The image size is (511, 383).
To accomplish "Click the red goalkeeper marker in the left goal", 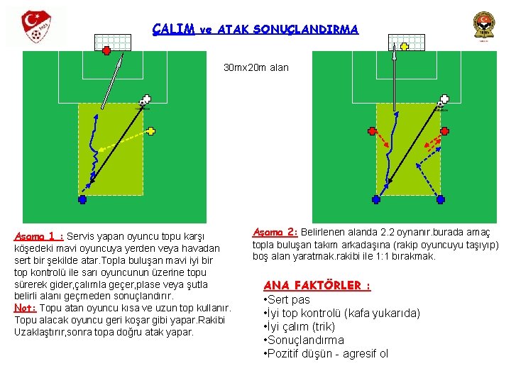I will (x=106, y=50).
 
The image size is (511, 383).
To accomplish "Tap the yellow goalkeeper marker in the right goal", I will (x=404, y=47).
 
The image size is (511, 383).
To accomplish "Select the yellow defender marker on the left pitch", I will (x=152, y=131).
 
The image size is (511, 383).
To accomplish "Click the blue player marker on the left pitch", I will (x=82, y=200).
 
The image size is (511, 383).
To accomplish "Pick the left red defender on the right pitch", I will (x=372, y=131).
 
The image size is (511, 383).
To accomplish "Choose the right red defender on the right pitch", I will (x=445, y=131).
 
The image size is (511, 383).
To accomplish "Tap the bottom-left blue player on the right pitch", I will (x=375, y=200).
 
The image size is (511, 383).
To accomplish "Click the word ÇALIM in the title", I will (x=174, y=29).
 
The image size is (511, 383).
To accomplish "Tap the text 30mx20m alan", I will (x=255, y=68).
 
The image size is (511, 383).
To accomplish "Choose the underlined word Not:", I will (x=26, y=308).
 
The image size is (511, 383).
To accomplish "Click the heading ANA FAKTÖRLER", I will (x=317, y=285).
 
